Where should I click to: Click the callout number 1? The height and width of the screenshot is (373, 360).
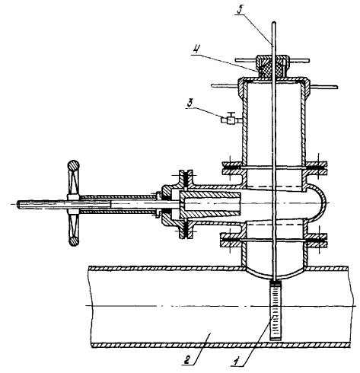(x=237, y=360)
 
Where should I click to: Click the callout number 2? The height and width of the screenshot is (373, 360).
(x=187, y=359)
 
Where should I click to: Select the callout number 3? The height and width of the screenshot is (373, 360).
(x=190, y=104)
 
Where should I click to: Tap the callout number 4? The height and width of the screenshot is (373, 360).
(x=196, y=49)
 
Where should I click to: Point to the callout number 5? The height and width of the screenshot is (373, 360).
(x=240, y=10)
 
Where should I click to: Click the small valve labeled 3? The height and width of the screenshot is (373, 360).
(x=231, y=119)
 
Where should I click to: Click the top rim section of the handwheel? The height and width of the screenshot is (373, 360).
(x=73, y=166)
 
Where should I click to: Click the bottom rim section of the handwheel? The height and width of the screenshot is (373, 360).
(x=74, y=241)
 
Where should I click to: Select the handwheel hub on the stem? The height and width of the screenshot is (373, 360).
(x=74, y=203)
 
